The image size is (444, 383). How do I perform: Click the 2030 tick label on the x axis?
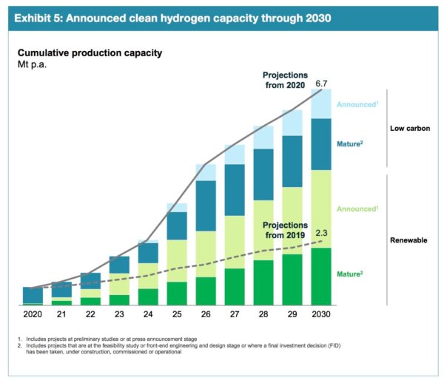tap(320, 314)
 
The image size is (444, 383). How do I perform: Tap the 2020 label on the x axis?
tap(33, 314)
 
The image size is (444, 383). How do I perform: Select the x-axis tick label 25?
tap(177, 314)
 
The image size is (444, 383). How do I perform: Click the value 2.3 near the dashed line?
tap(321, 233)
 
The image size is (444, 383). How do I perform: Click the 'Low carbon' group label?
tap(411, 129)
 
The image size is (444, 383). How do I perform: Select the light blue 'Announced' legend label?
tap(357, 104)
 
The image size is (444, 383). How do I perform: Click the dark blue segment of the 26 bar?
tap(206, 205)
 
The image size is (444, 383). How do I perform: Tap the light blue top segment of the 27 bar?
tap(235, 154)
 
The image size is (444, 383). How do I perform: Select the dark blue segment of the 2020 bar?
tap(33, 294)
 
